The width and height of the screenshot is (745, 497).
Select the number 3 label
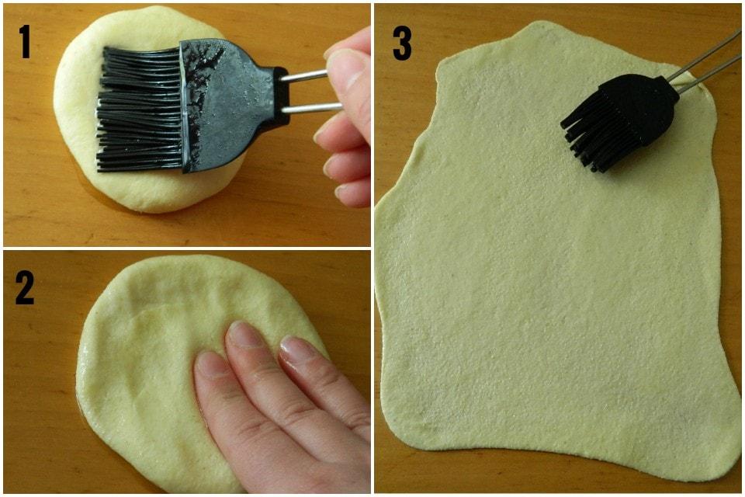402,43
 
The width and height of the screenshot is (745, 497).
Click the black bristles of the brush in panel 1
140,109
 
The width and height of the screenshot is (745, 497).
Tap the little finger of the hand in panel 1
352,193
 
